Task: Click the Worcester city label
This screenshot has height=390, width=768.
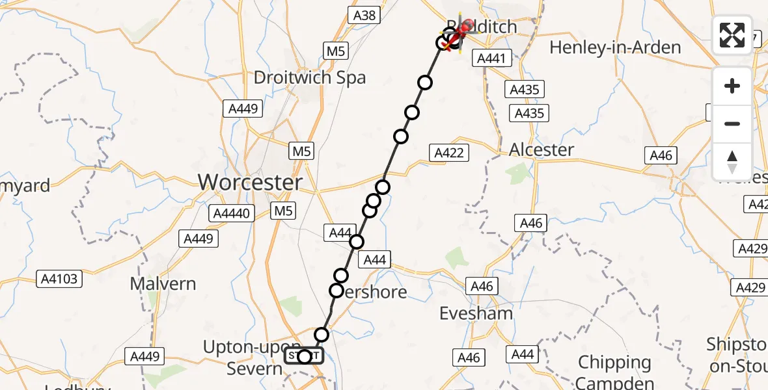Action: click(x=251, y=183)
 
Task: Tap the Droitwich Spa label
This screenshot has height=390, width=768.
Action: click(x=310, y=78)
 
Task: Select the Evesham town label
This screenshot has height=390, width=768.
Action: click(x=476, y=313)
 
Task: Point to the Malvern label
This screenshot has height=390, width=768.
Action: click(x=163, y=284)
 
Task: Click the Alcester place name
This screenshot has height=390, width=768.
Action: click(x=542, y=149)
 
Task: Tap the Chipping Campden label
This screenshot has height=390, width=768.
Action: click(x=614, y=372)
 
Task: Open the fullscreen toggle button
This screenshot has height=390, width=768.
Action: click(x=732, y=34)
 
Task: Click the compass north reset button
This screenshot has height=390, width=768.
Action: click(x=732, y=161)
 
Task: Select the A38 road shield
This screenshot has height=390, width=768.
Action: click(x=363, y=16)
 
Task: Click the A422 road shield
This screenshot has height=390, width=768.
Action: click(x=448, y=153)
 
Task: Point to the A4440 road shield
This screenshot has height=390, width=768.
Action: click(x=232, y=213)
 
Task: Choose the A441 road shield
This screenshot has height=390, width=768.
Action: click(x=491, y=58)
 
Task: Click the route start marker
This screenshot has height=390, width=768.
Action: click(x=304, y=356)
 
